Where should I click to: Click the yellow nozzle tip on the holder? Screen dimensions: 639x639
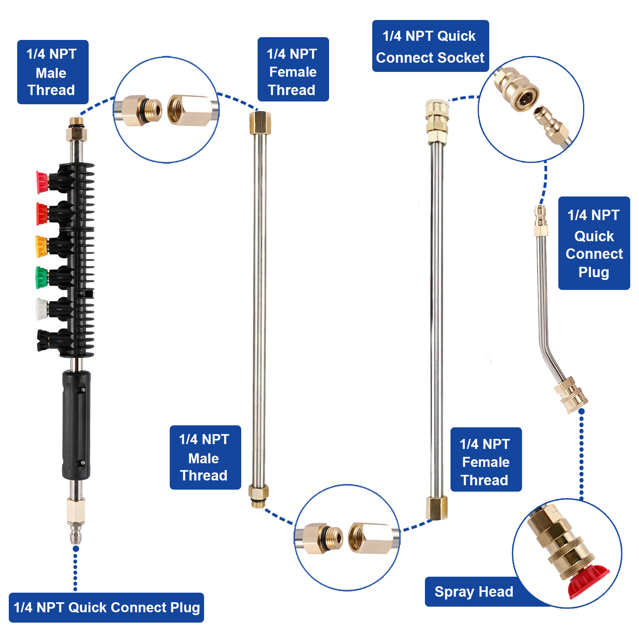[42, 246]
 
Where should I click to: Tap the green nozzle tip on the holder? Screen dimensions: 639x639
[42, 278]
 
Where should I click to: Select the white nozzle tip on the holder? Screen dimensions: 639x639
[42, 309]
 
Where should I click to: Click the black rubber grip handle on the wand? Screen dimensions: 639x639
[76, 425]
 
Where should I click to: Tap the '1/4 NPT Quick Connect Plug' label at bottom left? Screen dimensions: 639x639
[106, 607]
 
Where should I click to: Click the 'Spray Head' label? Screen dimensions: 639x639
[474, 591]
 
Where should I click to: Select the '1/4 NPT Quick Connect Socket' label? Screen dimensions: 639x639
[430, 46]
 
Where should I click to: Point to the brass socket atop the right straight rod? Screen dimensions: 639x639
[437, 121]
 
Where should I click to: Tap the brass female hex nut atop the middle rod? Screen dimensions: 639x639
[260, 123]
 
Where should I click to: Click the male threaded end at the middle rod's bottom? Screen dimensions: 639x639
[258, 496]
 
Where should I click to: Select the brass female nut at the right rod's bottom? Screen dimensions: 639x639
[437, 508]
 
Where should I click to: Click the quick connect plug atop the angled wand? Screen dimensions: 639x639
[540, 221]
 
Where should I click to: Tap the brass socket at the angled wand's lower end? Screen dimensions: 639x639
[572, 395]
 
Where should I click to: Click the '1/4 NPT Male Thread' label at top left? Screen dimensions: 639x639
[52, 72]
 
